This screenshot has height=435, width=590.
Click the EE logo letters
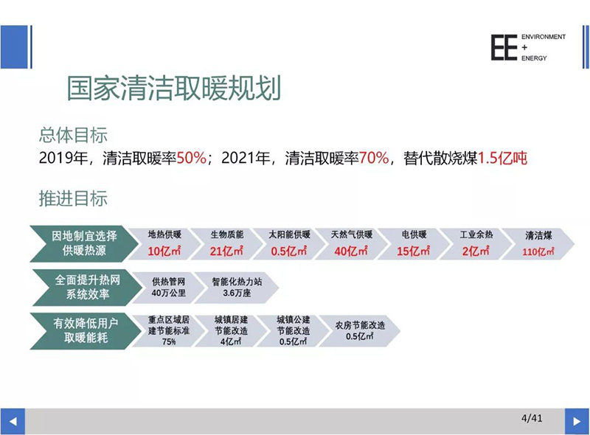(x=504, y=47)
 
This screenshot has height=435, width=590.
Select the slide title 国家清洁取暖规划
(x=174, y=88)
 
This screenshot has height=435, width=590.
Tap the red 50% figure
(x=192, y=158)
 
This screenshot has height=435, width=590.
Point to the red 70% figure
(x=374, y=158)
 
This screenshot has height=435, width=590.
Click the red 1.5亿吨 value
(x=502, y=158)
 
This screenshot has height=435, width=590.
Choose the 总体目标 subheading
(x=73, y=135)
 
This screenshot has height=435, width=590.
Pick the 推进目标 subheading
(x=73, y=198)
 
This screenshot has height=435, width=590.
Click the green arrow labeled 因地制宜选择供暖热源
(x=84, y=243)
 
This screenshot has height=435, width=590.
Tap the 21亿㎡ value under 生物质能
(x=226, y=251)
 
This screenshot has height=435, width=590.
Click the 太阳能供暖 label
(x=289, y=234)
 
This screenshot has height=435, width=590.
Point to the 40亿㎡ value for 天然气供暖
(x=351, y=251)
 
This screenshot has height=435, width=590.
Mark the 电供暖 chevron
(x=414, y=244)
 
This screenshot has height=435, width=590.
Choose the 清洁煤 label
(x=538, y=235)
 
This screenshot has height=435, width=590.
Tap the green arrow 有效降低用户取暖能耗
(x=86, y=331)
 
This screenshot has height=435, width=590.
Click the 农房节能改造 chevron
(x=360, y=331)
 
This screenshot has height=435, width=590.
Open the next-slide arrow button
(x=577, y=421)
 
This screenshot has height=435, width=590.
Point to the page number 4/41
(x=532, y=418)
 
